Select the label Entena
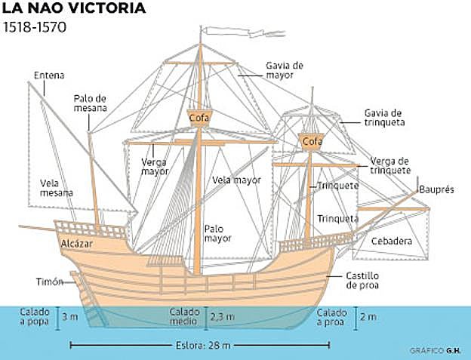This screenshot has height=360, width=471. [x=49, y=75]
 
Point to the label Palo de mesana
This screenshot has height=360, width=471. [x=90, y=103]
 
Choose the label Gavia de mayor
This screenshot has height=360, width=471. [x=283, y=69]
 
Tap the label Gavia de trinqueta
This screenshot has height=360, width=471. [x=385, y=116]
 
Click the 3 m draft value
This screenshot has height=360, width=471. [x=70, y=317]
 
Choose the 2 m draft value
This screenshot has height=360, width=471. [x=368, y=317]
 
